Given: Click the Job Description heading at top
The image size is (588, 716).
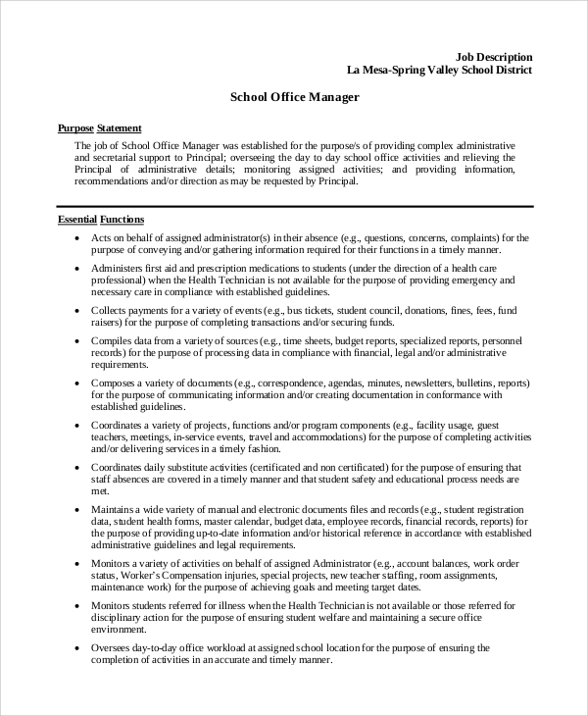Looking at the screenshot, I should click(x=496, y=57).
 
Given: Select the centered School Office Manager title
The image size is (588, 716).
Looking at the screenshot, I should click(x=294, y=98).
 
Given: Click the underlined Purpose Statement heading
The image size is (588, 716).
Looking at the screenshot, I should click(x=100, y=128).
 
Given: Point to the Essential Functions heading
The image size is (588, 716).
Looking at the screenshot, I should click(x=101, y=220).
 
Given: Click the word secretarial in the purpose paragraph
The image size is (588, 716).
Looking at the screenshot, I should click(x=108, y=157).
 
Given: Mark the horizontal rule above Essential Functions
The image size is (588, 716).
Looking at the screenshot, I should click(x=294, y=206).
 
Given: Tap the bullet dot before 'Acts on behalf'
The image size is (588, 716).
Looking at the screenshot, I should click(x=77, y=238).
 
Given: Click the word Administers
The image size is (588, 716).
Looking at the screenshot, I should click(x=119, y=267).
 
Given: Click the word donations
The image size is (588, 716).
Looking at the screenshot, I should click(x=407, y=310).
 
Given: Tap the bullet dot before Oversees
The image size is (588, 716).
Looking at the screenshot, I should click(x=77, y=648).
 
